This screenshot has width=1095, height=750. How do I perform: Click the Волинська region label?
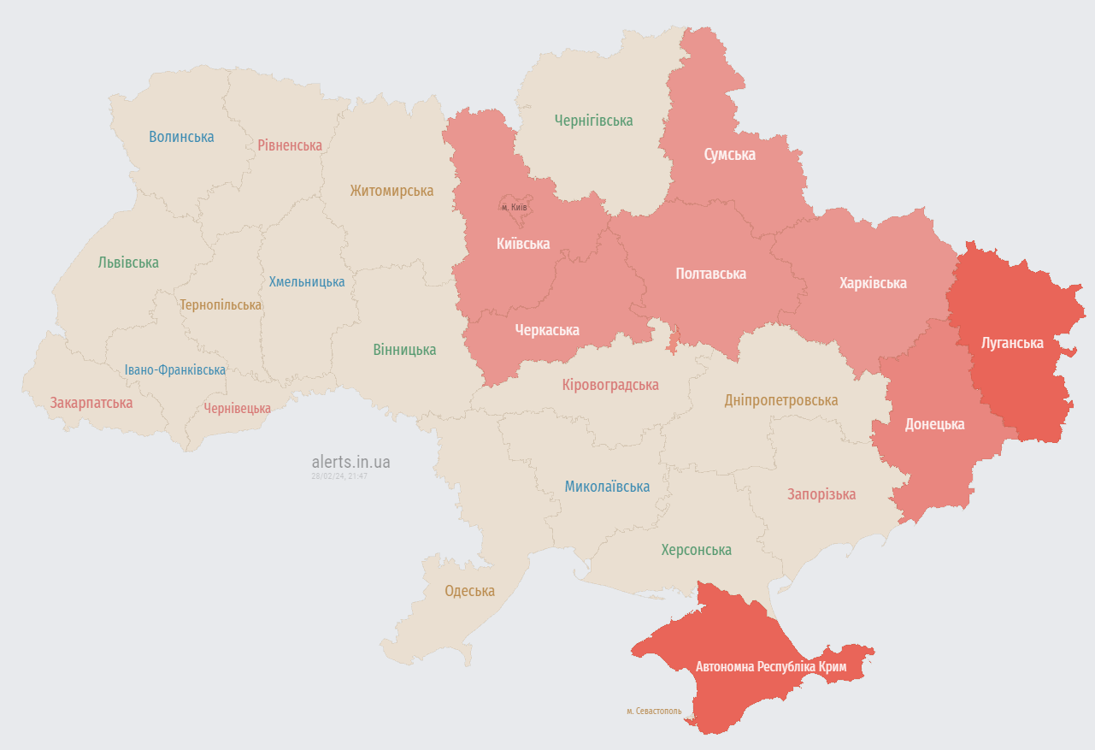[181, 137]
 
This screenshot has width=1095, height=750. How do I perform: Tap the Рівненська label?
[290, 145]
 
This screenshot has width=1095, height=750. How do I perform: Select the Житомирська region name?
[391, 191]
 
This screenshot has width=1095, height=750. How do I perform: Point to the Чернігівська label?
[593, 121]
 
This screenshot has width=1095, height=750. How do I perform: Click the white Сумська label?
[729, 155]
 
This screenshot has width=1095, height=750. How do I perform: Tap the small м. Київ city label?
[514, 207]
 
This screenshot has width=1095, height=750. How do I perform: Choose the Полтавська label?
[710, 274]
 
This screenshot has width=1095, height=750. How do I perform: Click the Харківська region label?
[873, 283]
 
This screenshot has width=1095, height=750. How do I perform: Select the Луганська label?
[1012, 343]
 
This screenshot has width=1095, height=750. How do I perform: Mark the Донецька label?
[934, 424]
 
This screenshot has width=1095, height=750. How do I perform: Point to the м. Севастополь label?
[654, 711]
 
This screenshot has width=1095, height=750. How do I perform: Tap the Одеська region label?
[469, 591]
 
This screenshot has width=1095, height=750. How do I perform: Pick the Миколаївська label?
[607, 487]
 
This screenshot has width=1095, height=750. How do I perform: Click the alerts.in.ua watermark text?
[350, 462]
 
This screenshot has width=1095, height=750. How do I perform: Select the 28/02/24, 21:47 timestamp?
[339, 476]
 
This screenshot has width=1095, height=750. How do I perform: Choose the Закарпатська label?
[91, 402]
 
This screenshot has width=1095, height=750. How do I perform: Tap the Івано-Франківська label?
[175, 370]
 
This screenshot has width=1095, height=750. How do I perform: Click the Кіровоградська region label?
[610, 385]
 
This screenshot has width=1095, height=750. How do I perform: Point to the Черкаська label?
[547, 330]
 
